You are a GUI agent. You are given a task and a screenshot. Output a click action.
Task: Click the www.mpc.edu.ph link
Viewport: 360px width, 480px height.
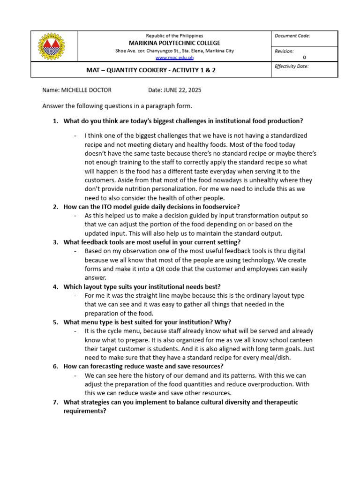(174, 58)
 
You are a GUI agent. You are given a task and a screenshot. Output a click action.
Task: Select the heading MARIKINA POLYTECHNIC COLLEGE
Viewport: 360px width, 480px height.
(174, 43)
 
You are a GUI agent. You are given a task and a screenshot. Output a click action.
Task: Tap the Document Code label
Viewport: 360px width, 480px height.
(292, 36)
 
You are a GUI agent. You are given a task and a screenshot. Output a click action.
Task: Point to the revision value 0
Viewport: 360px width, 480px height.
(304, 58)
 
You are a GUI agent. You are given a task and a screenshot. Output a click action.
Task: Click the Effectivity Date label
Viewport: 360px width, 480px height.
(292, 67)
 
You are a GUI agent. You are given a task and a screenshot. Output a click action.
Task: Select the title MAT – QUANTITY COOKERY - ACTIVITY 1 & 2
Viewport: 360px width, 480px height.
(151, 70)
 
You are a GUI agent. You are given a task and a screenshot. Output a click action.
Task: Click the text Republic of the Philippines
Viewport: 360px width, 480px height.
(174, 36)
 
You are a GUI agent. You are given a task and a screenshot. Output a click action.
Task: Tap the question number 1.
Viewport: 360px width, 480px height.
(55, 121)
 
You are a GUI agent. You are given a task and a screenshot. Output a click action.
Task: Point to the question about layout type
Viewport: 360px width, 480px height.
(142, 286)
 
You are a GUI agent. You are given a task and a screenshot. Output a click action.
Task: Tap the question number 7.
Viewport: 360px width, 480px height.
(55, 402)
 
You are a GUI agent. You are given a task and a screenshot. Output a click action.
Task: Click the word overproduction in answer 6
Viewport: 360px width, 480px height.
(271, 384)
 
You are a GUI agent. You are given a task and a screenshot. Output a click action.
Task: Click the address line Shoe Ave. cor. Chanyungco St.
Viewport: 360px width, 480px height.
(174, 51)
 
